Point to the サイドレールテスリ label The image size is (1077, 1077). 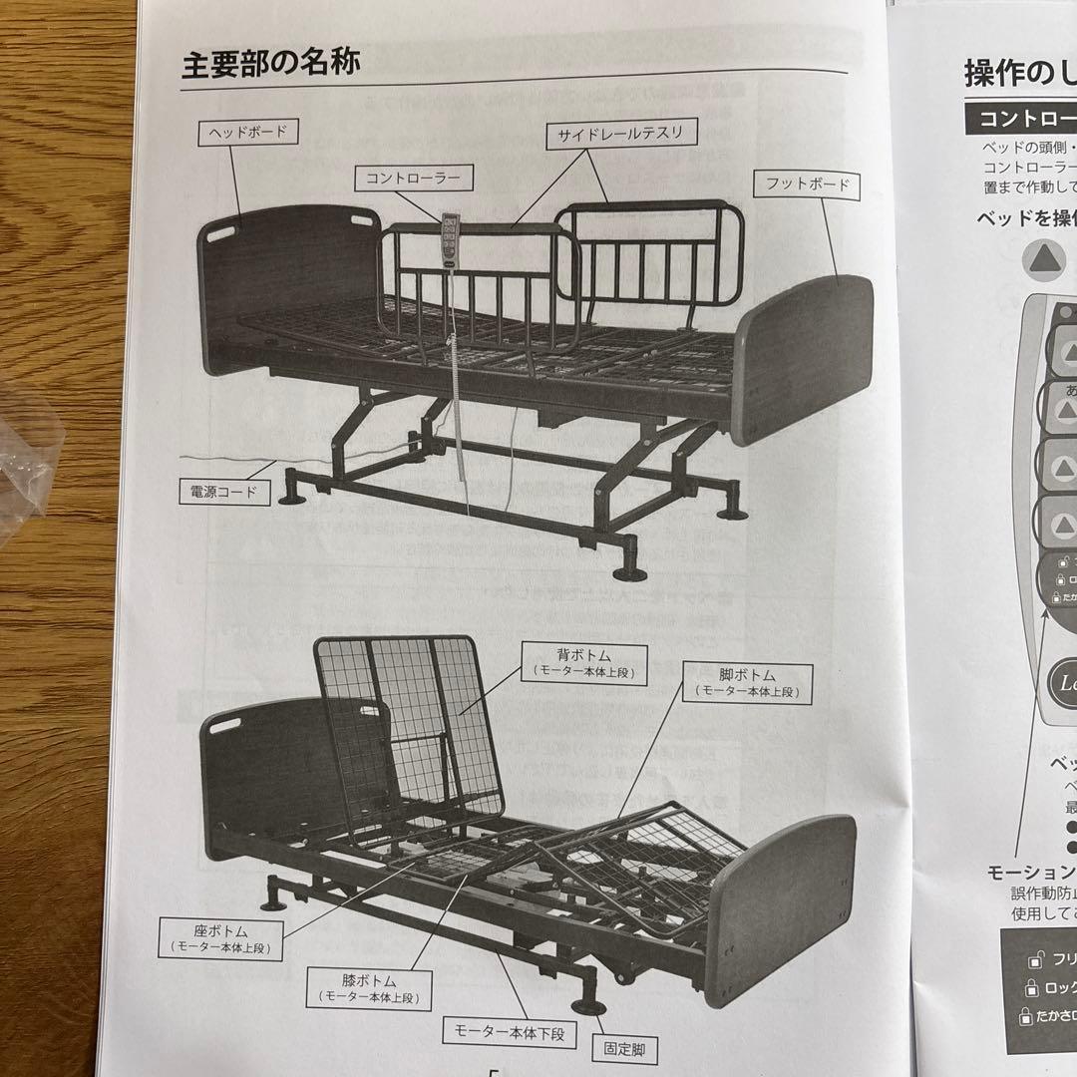tap(620, 133)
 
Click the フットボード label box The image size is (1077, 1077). tap(808, 184)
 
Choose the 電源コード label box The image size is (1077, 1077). tap(224, 491)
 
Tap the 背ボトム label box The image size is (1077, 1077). tap(583, 661)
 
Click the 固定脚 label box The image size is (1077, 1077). tap(625, 1049)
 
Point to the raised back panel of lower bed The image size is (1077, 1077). tap(409, 718)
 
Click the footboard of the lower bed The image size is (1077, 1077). tap(783, 902)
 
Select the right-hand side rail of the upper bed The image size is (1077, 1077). tap(648, 254)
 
